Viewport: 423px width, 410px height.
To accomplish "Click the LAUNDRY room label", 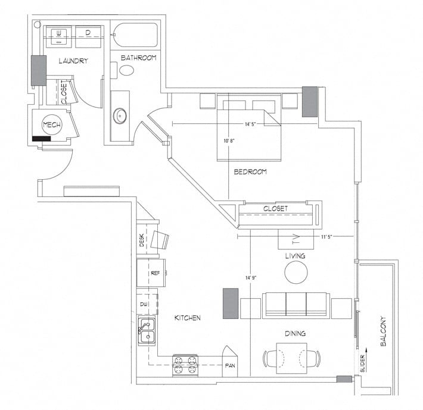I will [74, 61].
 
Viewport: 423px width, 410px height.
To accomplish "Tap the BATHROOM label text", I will [138, 58].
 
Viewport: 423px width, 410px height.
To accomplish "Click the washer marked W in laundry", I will [59, 36].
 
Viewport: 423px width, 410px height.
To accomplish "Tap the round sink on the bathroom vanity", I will [120, 115].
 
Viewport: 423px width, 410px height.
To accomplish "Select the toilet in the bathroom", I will [126, 70].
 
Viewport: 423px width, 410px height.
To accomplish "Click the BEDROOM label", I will [250, 172].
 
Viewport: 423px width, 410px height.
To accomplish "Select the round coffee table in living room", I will [296, 273].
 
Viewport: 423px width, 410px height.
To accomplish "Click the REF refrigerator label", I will [155, 273].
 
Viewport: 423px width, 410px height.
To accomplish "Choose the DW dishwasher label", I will [144, 304].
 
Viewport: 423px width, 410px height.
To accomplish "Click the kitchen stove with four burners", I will [185, 364].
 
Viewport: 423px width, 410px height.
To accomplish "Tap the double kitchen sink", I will [147, 331].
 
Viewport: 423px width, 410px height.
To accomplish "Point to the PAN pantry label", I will [229, 365].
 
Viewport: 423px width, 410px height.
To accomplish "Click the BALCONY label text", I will [383, 331].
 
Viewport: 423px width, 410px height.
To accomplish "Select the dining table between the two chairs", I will [291, 358].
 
